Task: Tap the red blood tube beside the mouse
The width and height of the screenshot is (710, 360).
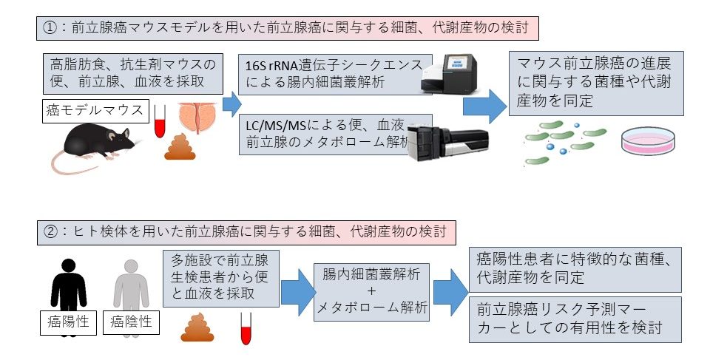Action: click(x=158, y=123)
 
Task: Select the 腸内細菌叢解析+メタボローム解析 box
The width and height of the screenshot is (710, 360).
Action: click(x=371, y=291)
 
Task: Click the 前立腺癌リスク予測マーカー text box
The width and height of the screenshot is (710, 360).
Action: click(x=575, y=319)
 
